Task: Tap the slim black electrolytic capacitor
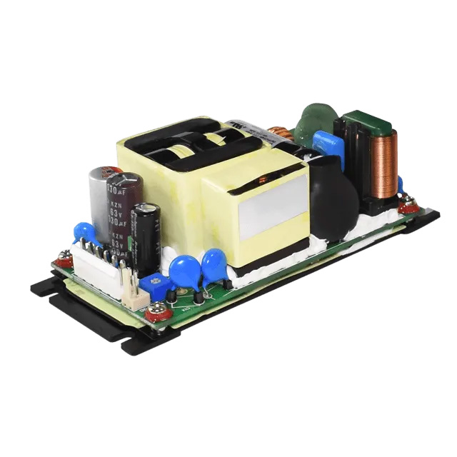point(147,236)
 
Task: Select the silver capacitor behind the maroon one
point(99,196)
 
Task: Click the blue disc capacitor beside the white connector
point(85,232)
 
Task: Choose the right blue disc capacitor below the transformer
point(214,265)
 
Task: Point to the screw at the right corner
point(408,208)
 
